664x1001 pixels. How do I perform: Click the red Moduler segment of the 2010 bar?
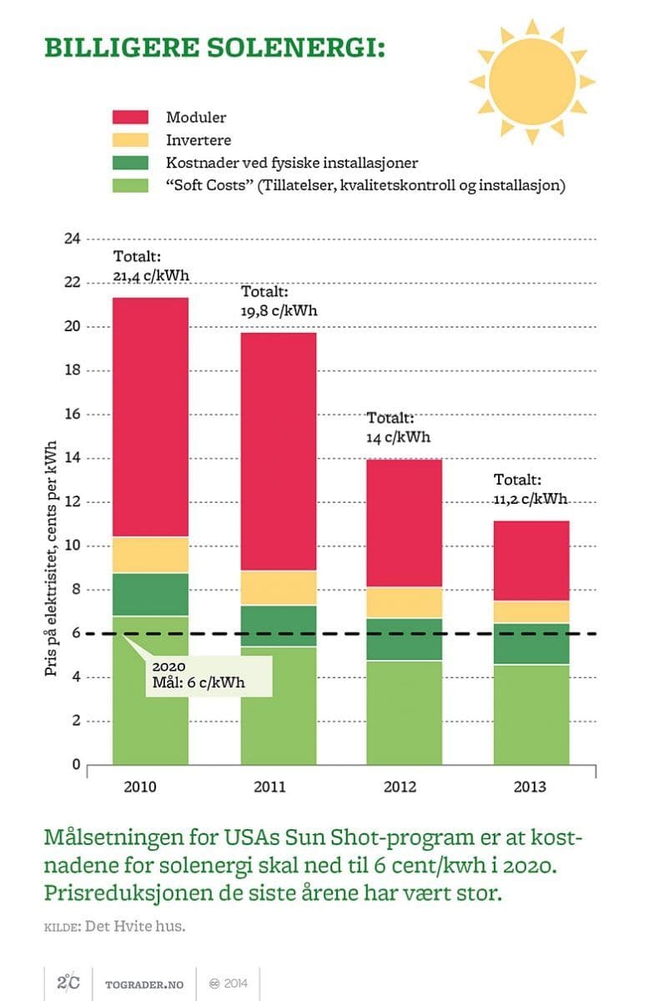pos(150,417)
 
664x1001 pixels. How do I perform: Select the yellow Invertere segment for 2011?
pos(278,587)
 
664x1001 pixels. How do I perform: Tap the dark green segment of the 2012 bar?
pos(405,639)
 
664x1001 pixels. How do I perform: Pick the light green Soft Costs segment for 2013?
pos(531,714)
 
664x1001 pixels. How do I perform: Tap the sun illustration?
pos(532,80)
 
